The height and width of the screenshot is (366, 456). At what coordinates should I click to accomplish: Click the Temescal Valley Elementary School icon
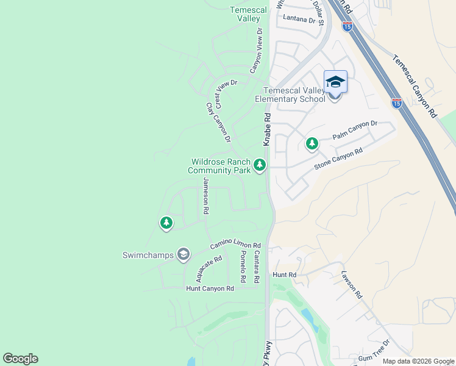pos(335,82)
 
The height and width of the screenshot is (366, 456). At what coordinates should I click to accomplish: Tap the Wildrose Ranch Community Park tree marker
pos(260,165)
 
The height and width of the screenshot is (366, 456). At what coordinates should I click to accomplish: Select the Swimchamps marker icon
pos(183,254)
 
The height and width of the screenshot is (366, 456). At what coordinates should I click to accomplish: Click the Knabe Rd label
pos(267,129)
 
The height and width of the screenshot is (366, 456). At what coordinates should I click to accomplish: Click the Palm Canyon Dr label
pos(355,129)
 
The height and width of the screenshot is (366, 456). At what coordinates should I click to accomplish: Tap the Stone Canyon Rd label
pos(338,159)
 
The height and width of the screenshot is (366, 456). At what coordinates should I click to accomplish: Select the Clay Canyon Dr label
pos(218,123)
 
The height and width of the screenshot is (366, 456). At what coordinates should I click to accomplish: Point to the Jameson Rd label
pos(206,196)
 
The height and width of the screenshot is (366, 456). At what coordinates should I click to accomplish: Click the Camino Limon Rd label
pos(235,244)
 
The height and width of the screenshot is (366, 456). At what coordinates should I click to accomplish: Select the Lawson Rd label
pos(352,284)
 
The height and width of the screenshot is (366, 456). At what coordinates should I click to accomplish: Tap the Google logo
pos(20,359)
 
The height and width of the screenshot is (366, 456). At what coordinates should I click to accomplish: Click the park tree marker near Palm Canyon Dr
pos(312,144)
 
